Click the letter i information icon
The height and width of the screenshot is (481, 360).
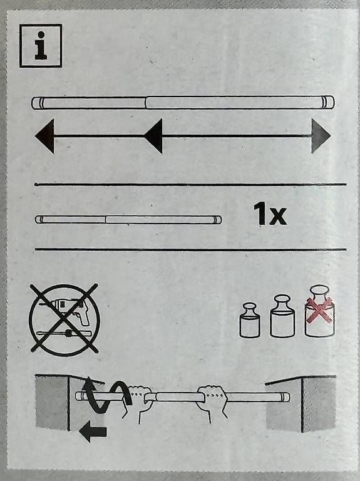[41, 45]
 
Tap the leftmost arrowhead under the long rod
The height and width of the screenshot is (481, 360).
[45, 136]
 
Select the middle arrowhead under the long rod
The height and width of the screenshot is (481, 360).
[153, 136]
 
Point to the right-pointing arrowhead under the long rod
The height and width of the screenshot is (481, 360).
[321, 135]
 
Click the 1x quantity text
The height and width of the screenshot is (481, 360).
[270, 214]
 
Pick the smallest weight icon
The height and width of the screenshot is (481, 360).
[250, 320]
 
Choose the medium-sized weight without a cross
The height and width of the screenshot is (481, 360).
[282, 316]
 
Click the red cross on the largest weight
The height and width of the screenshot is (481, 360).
[319, 309]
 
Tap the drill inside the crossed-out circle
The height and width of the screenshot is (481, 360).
[71, 311]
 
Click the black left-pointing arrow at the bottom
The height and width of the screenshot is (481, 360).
[93, 432]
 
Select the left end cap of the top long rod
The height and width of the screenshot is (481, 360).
[38, 103]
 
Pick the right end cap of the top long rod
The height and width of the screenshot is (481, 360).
[329, 102]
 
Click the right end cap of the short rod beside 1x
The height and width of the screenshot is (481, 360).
[218, 220]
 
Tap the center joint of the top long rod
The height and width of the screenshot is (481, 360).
[146, 103]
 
